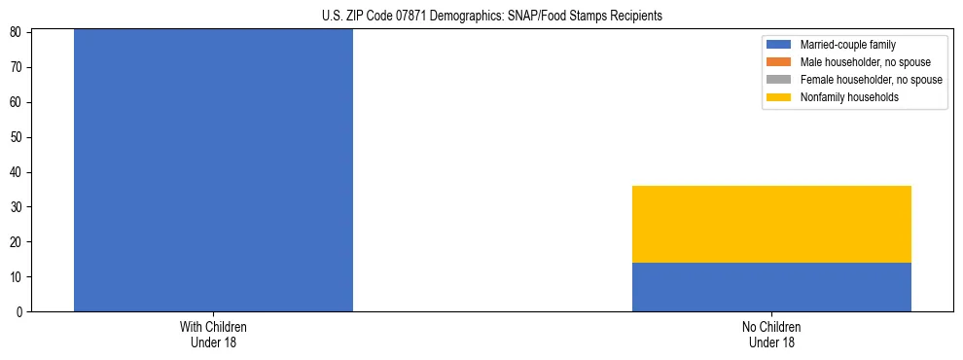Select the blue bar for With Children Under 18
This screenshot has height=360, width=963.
[213, 170]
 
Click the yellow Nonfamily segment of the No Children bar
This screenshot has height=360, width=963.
[771, 224]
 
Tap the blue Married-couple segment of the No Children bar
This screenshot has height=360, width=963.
[771, 287]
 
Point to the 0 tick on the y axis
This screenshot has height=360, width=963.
[20, 312]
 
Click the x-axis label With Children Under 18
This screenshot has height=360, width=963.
[213, 334]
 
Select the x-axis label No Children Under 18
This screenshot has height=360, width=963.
[771, 334]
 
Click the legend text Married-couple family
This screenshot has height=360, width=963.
[847, 45]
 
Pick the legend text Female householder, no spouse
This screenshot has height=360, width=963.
[871, 80]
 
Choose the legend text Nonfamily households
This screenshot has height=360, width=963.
[849, 97]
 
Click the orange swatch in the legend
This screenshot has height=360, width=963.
[779, 62]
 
